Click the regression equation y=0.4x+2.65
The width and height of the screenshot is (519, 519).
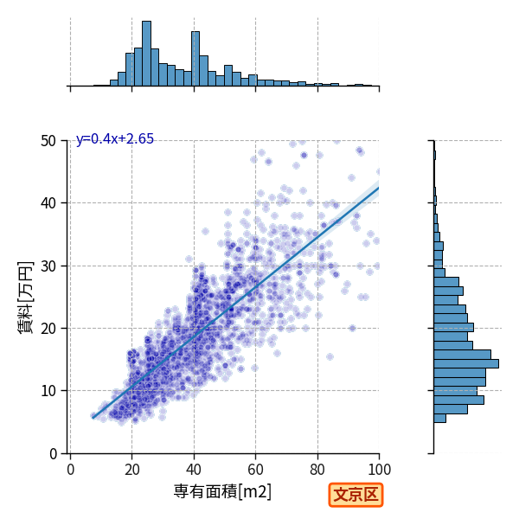pyautogui.click(x=115, y=138)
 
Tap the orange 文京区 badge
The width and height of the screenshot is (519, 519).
pyautogui.click(x=356, y=495)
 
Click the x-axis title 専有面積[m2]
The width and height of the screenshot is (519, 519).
pyautogui.click(x=222, y=491)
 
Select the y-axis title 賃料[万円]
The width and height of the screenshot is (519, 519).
pyautogui.click(x=25, y=298)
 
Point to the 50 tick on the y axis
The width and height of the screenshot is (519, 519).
pyautogui.click(x=48, y=141)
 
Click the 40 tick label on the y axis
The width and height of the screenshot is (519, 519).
pyautogui.click(x=48, y=203)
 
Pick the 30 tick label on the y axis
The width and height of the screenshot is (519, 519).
pyautogui.click(x=48, y=266)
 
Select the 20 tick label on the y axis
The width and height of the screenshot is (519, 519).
pyautogui.click(x=48, y=329)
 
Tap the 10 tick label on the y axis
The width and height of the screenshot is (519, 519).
pyautogui.click(x=48, y=391)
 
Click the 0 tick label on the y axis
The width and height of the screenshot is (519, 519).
pyautogui.click(x=53, y=453)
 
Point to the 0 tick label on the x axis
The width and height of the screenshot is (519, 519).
pyautogui.click(x=70, y=470)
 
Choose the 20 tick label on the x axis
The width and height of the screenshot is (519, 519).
pyautogui.click(x=132, y=470)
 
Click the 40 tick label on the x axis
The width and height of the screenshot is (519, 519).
pyautogui.click(x=194, y=470)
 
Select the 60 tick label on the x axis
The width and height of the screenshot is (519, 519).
pyautogui.click(x=255, y=470)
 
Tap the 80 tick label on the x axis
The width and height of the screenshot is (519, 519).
pyautogui.click(x=317, y=470)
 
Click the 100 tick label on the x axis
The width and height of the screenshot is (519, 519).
pyautogui.click(x=380, y=470)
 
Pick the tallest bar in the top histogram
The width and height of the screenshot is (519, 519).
pyautogui.click(x=147, y=54)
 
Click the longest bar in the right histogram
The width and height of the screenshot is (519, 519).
pyautogui.click(x=466, y=363)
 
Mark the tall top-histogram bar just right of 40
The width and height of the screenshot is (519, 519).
pyautogui.click(x=195, y=59)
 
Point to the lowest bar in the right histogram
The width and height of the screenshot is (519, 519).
pyautogui.click(x=440, y=419)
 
